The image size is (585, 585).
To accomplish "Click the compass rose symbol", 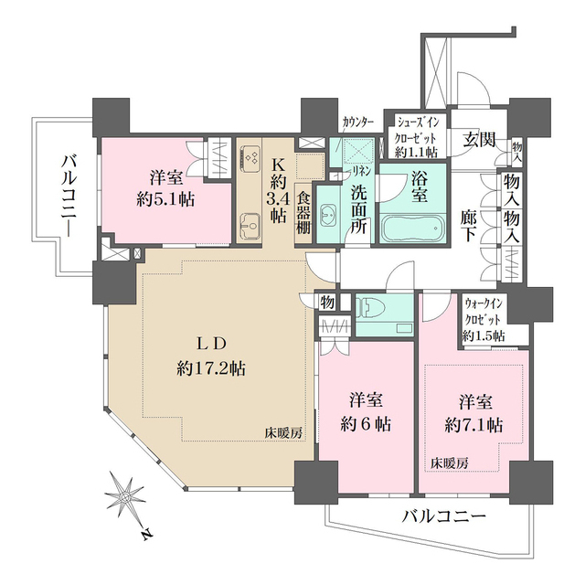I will pos(124,497).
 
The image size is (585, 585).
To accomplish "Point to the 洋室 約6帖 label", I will pos(369,411).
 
